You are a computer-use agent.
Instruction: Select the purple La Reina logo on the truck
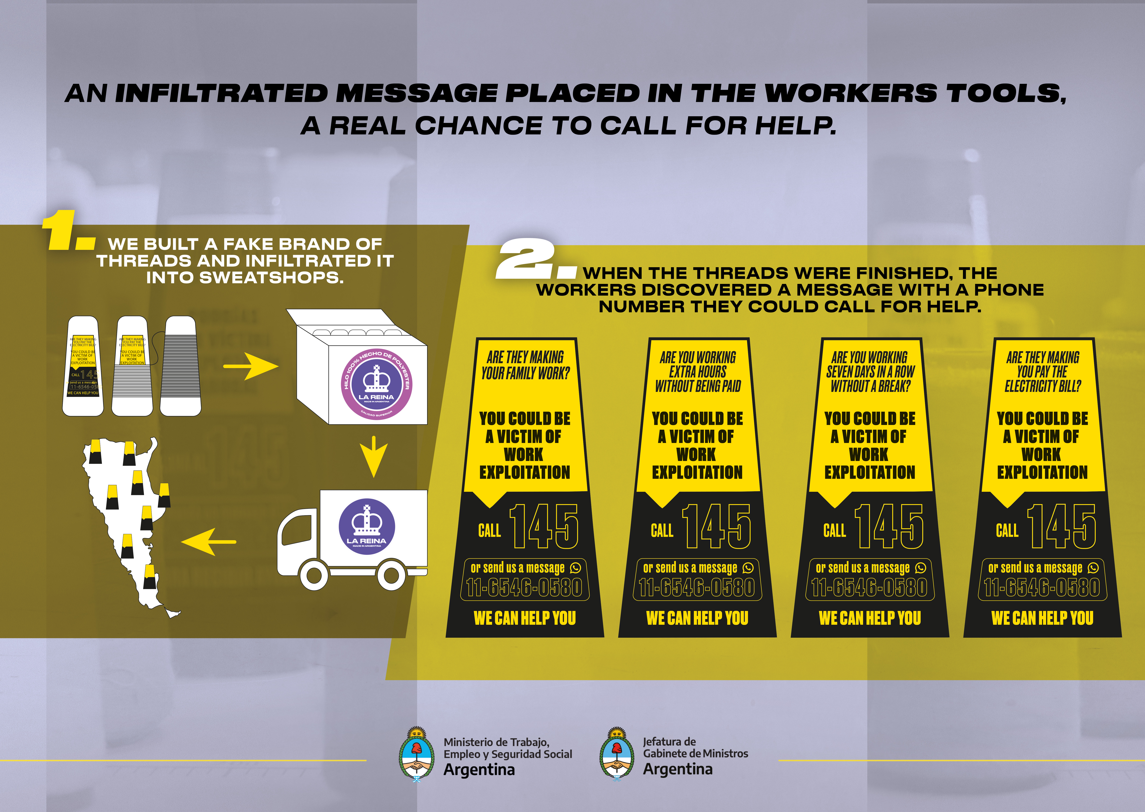tap(366, 526)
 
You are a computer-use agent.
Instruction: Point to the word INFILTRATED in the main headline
tap(221, 94)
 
